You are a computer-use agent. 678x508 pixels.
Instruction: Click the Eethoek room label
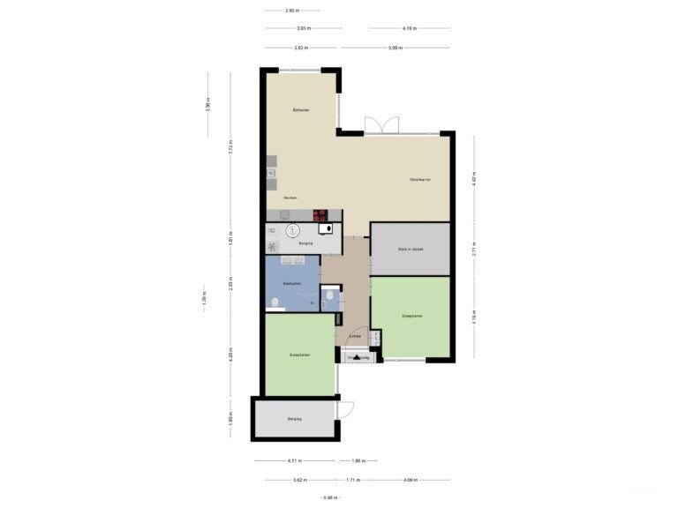pos(301,110)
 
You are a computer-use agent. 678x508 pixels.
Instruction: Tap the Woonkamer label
pos(419,180)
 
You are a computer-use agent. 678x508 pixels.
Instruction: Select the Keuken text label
pos(290,198)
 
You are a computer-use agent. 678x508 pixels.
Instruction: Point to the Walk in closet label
pos(411,250)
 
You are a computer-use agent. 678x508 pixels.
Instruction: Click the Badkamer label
pos(292,283)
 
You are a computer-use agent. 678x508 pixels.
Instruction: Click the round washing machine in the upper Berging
pos(292,231)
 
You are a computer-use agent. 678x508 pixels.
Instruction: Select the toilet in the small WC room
pos(329,296)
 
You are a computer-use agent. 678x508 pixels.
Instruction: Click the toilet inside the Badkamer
pos(275,303)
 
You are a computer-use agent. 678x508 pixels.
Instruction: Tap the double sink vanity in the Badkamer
pos(291,261)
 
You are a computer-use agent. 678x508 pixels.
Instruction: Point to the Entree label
pos(355,336)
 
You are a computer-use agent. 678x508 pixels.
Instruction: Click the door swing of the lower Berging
pos(346,410)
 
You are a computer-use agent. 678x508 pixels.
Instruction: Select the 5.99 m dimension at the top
pos(395,48)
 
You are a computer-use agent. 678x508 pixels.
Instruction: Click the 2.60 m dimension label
pos(291,11)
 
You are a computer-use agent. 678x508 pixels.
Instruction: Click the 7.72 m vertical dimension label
pos(230,147)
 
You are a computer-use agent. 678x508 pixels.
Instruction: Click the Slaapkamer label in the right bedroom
pos(411,315)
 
